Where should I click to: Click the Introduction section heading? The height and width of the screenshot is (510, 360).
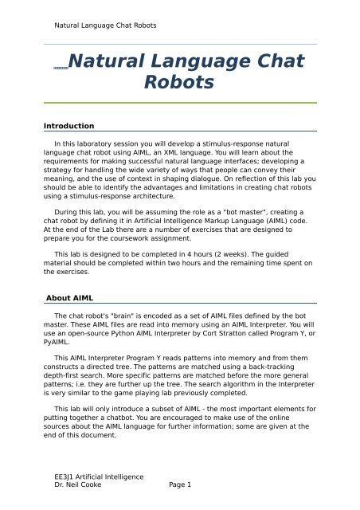[x=69, y=126]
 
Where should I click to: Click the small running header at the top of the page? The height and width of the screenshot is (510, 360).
[x=100, y=25]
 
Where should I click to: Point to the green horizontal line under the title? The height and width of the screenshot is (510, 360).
[x=179, y=103]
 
